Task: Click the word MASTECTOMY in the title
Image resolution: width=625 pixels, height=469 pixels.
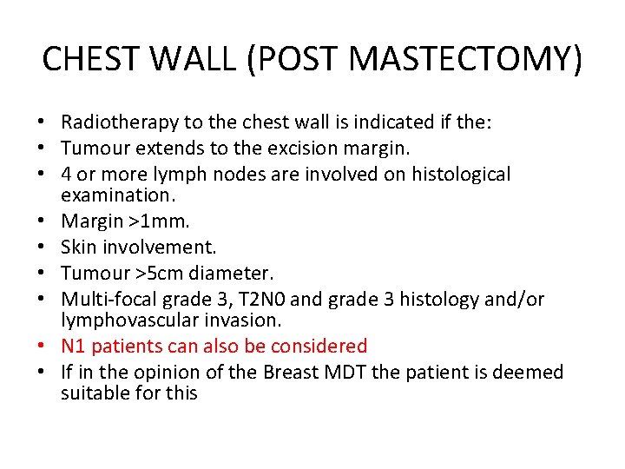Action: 453,59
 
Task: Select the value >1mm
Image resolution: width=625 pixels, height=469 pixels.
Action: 148,223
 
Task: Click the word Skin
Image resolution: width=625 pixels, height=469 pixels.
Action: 77,248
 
